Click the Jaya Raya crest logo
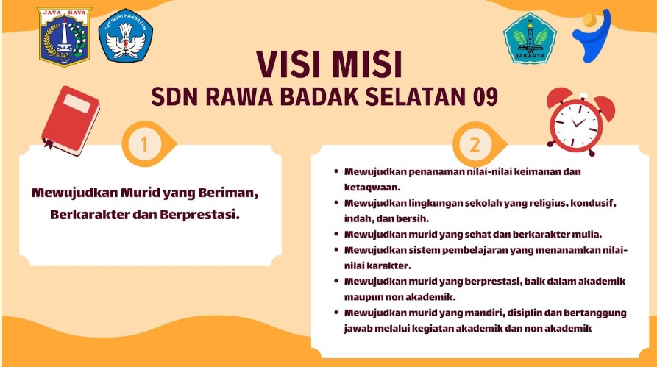(x=65, y=35)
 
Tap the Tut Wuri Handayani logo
(x=125, y=35)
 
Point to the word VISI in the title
(x=294, y=65)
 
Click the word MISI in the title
(x=368, y=65)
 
